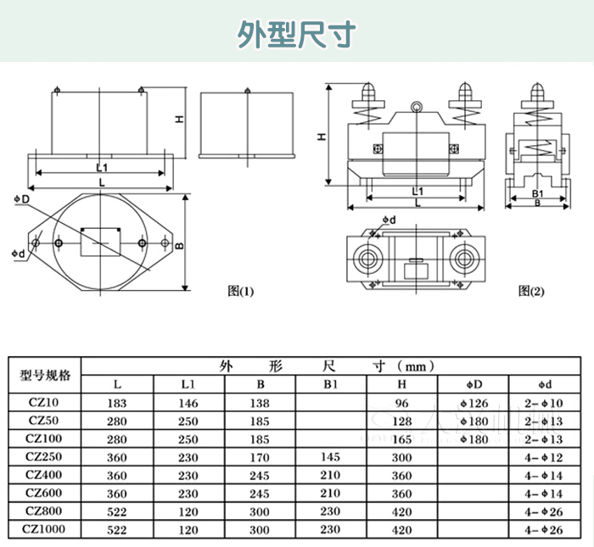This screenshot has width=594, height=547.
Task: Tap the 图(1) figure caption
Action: (241, 291)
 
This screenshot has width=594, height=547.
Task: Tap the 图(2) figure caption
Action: (531, 291)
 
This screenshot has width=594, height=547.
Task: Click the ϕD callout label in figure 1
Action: (23, 198)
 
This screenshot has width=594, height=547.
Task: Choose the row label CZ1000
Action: (45, 529)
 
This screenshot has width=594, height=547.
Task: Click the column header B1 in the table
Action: (330, 385)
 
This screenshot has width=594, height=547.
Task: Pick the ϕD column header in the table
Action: (474, 385)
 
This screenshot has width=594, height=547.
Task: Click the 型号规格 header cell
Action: (46, 376)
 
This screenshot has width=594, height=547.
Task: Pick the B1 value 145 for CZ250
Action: (330, 457)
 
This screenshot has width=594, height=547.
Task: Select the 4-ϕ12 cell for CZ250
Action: (545, 457)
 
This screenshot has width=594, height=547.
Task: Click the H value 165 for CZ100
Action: (402, 439)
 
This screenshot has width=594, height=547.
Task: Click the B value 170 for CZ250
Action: (260, 457)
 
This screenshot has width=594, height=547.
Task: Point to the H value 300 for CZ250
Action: (402, 457)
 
